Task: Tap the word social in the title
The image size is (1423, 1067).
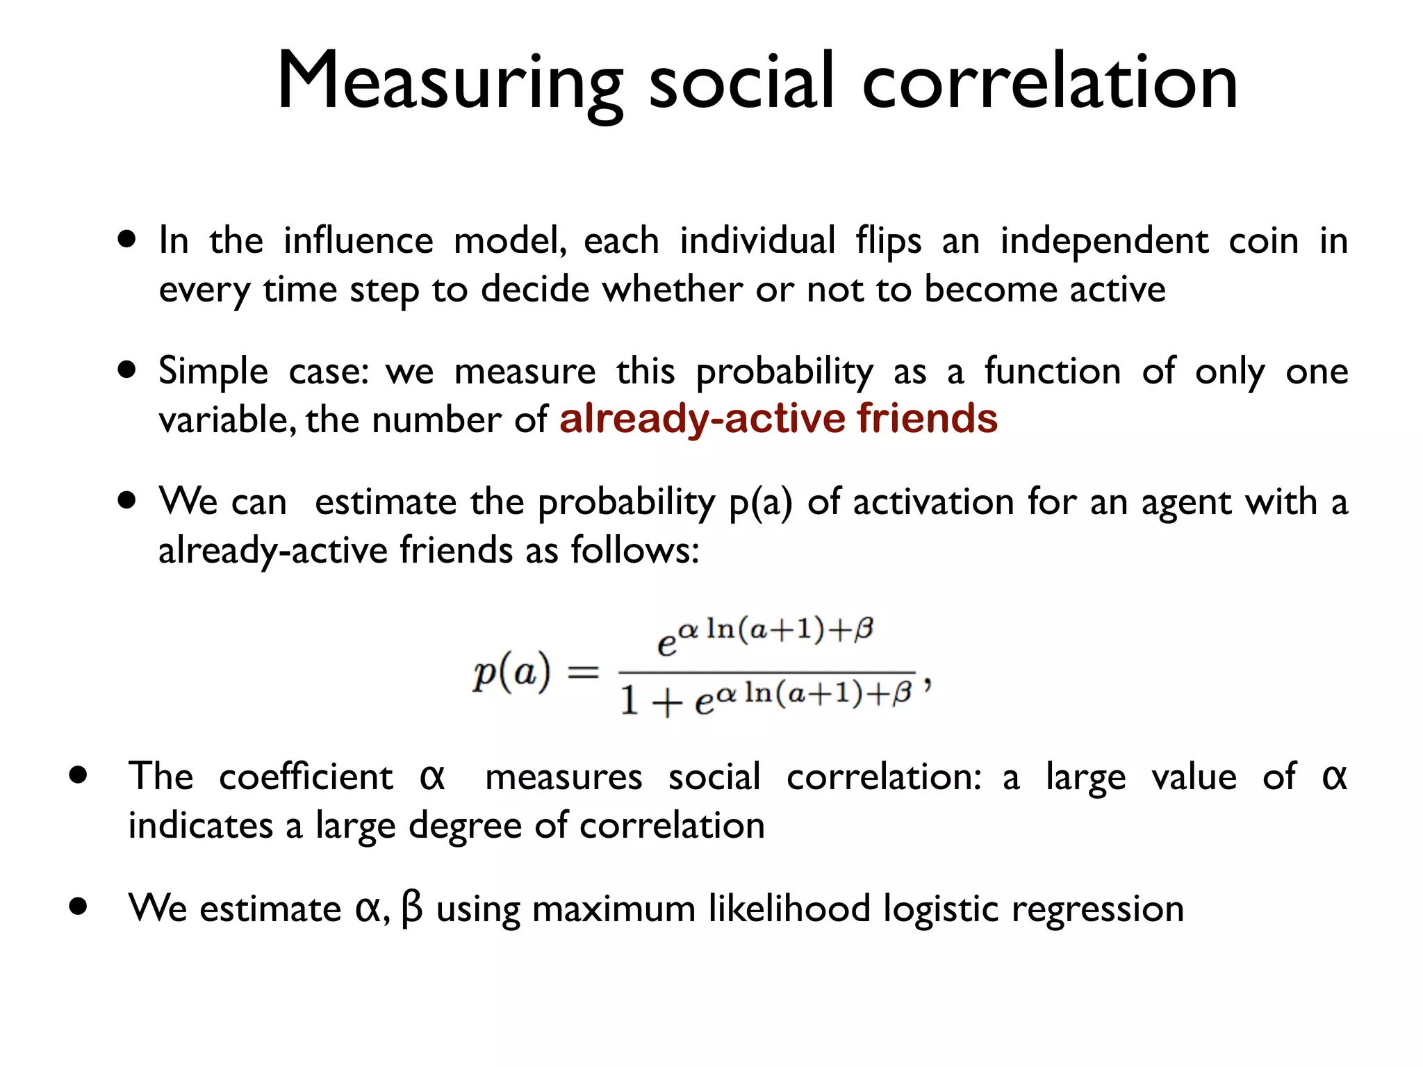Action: [741, 82]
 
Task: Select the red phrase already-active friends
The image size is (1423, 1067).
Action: [778, 419]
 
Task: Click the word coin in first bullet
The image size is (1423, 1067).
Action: [1263, 242]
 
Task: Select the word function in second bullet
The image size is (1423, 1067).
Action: [1052, 371]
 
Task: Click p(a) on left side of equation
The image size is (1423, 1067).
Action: [511, 672]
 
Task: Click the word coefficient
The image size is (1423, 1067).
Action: [306, 777]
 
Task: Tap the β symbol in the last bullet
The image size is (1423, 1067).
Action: [411, 908]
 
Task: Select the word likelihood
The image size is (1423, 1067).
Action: [789, 908]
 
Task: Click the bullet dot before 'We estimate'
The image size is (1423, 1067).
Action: [79, 906]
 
